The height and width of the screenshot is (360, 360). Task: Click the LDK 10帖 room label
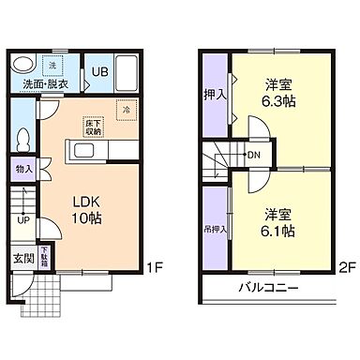86,209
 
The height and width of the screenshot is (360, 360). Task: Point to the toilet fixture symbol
23,138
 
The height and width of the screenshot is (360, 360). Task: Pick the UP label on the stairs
22,220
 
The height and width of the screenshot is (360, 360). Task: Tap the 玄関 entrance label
22,258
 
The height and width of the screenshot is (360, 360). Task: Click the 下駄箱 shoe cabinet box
43,257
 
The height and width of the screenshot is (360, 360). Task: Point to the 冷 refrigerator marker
126,111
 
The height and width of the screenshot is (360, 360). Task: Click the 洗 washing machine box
52,66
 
